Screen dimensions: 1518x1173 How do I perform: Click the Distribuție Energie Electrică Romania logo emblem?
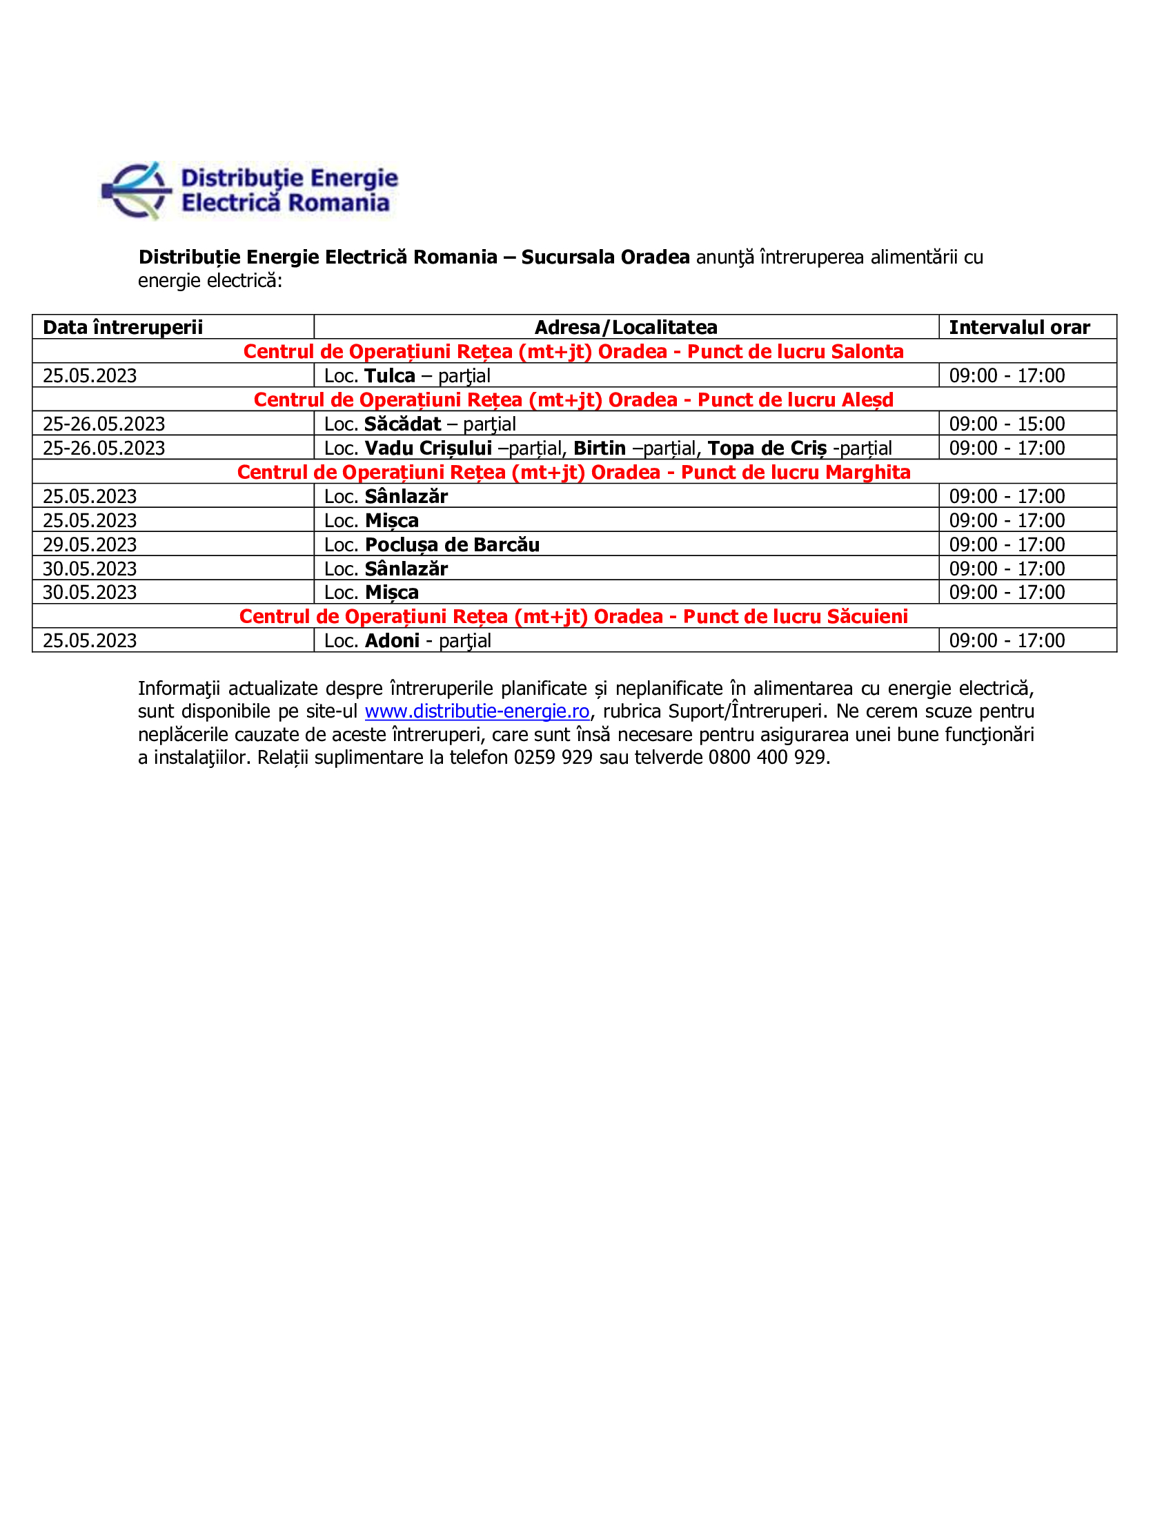(x=136, y=190)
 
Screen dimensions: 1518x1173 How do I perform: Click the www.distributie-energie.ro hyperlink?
(x=477, y=711)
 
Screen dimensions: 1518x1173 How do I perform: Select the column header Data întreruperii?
(x=123, y=327)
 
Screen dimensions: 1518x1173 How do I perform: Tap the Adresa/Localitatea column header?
(x=625, y=327)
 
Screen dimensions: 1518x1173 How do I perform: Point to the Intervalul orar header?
(x=1018, y=327)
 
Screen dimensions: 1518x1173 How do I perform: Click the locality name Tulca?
(x=390, y=376)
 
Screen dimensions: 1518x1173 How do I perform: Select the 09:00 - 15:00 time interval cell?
(x=1006, y=424)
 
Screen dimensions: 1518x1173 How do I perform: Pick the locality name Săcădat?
(x=403, y=424)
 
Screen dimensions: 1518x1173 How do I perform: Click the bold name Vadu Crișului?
(x=428, y=448)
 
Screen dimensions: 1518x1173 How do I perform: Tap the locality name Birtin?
(x=599, y=448)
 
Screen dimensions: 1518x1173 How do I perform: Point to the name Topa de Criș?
(x=767, y=448)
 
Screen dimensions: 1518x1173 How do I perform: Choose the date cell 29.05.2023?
(x=90, y=545)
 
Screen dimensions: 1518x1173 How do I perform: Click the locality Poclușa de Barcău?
(x=453, y=545)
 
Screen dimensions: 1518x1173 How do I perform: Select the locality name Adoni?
(x=392, y=641)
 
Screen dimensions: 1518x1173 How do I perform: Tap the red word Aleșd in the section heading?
(x=866, y=400)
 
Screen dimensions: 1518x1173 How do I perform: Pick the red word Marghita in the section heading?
(x=867, y=473)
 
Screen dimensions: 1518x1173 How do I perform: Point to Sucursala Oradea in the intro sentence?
(x=605, y=257)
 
